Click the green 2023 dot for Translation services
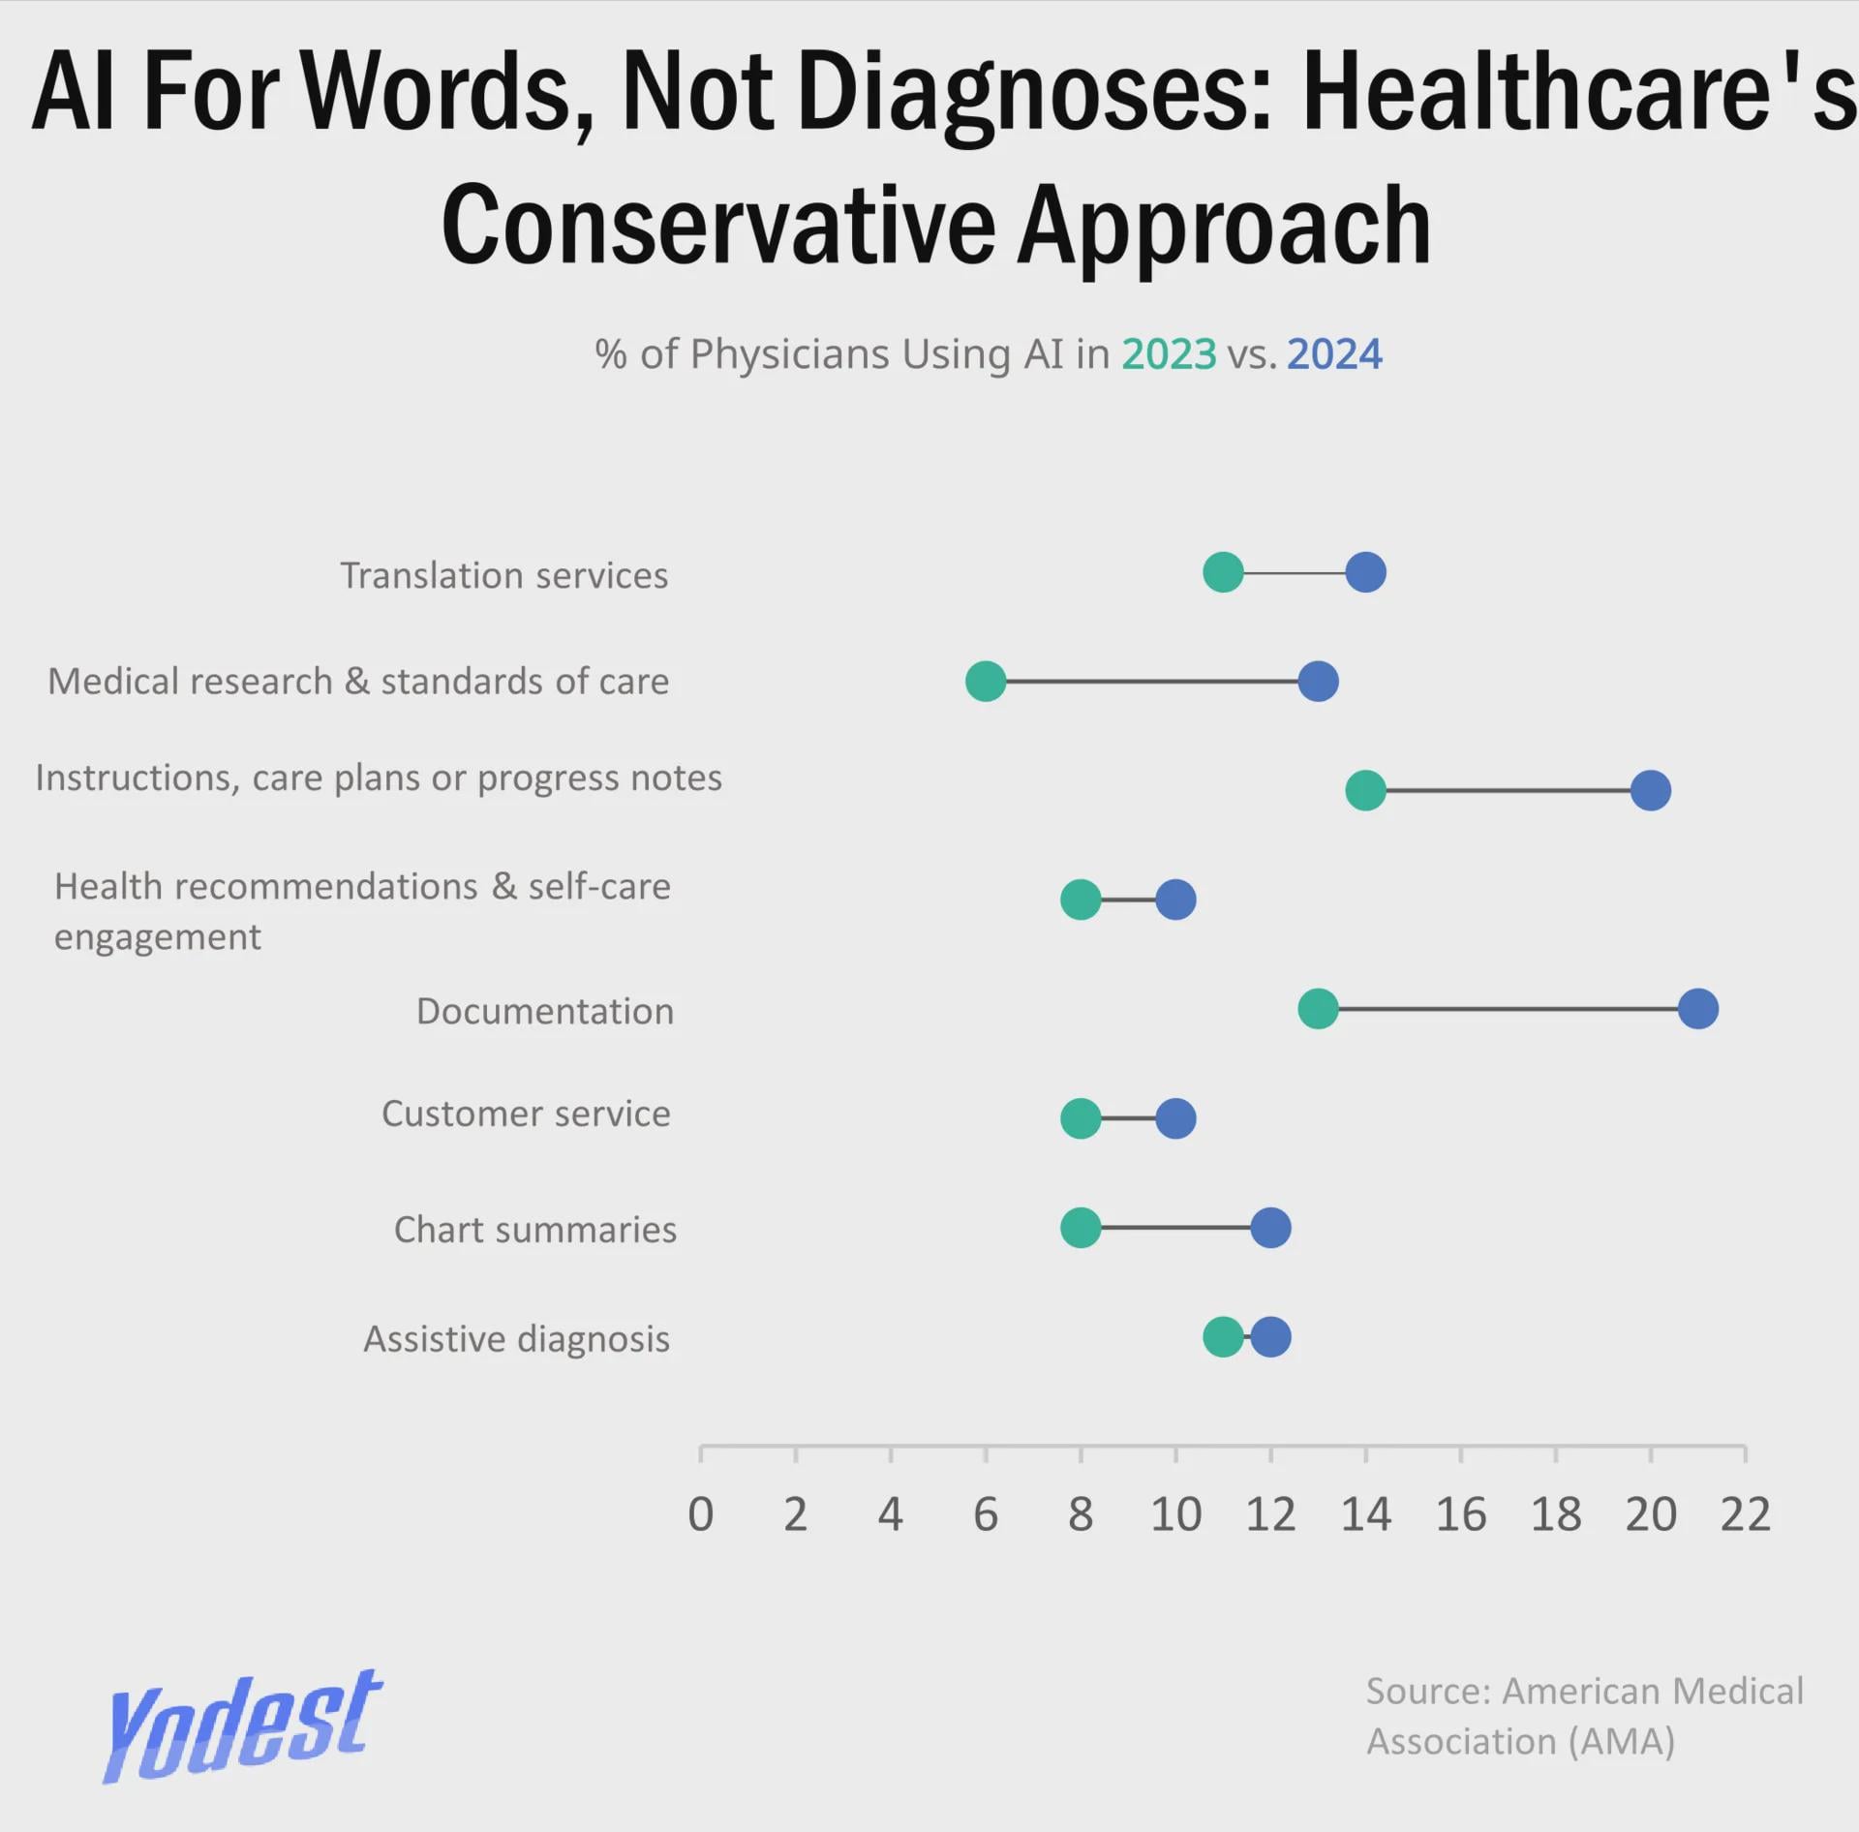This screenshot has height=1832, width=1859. coord(1223,572)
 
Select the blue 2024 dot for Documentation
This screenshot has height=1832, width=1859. coord(1698,1009)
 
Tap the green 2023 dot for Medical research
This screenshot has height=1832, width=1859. coord(986,682)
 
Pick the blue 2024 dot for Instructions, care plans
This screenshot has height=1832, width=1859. coord(1651,790)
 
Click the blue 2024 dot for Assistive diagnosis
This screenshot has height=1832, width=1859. coord(1271,1337)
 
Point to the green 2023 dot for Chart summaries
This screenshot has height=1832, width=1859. coord(1081,1228)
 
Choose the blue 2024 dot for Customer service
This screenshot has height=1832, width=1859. coord(1175,1118)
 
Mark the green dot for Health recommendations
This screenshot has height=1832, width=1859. coord(1081,900)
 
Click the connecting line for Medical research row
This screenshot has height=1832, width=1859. coord(1152,682)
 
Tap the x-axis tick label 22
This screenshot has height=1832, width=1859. coord(1745,1514)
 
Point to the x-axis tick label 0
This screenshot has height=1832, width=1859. coord(700,1514)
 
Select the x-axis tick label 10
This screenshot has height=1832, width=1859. coord(1175,1514)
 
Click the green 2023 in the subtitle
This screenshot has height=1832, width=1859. coord(1169,354)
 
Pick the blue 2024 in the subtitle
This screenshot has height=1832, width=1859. coord(1334,354)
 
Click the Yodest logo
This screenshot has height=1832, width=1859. coord(242,1726)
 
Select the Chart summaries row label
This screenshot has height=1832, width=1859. coord(534,1230)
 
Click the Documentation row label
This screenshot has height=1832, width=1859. coord(545,1011)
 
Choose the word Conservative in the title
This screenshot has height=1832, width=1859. coord(717,226)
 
